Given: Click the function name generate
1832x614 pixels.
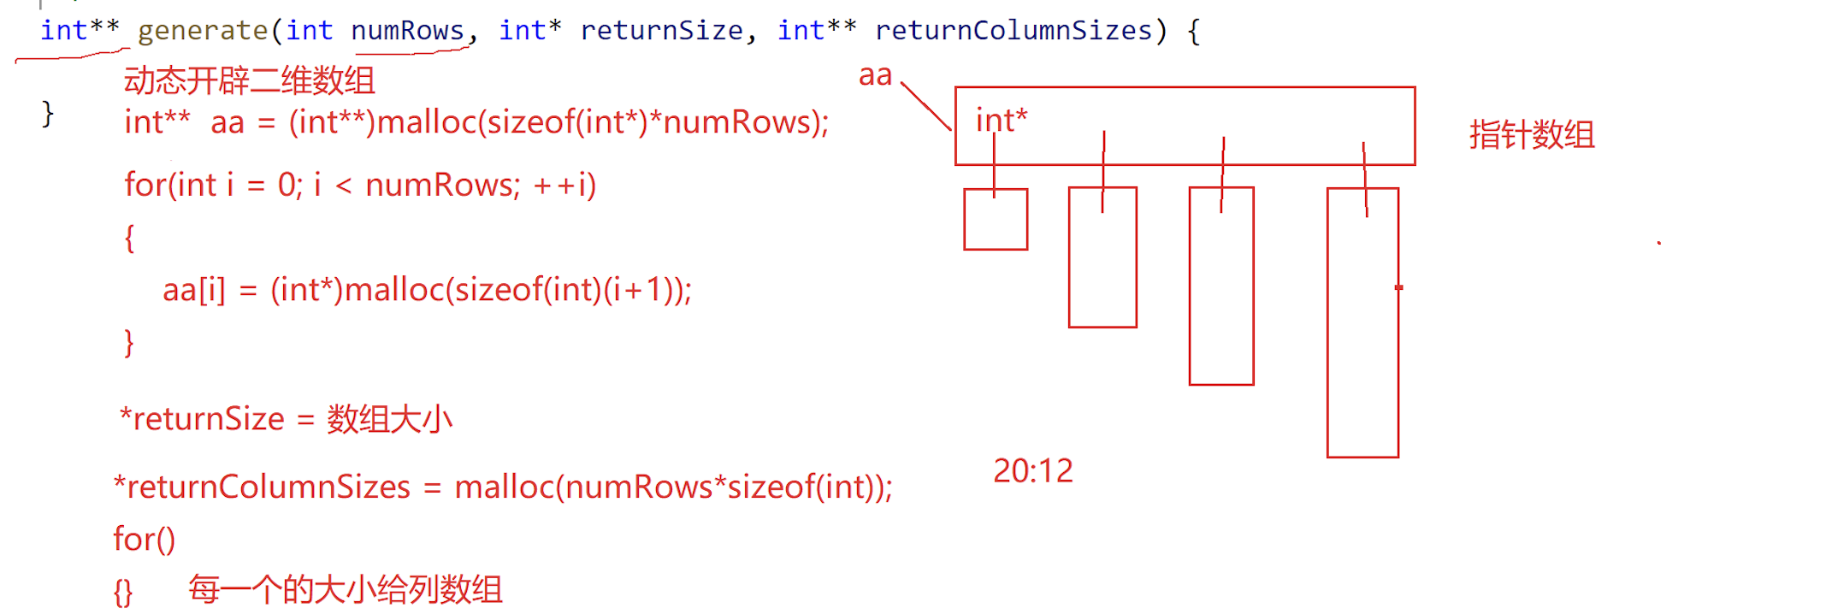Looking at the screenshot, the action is click(x=203, y=31).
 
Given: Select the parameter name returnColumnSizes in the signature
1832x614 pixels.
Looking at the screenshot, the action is click(x=1014, y=31).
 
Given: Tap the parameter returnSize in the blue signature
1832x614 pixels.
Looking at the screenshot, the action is click(x=661, y=31).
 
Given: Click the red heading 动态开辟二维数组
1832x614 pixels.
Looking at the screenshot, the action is click(x=249, y=81).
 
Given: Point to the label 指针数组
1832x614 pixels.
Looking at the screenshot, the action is click(x=1532, y=135).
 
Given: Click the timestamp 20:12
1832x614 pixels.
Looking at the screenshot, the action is click(x=1032, y=471).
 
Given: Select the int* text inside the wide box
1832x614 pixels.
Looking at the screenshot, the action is click(x=1002, y=121).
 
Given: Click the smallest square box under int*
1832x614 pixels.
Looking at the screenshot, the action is click(x=996, y=220).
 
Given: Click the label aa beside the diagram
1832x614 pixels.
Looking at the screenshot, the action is click(x=875, y=76).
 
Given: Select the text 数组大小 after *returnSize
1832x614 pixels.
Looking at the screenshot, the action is click(x=389, y=420).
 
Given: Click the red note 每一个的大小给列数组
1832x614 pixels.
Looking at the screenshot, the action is click(x=346, y=590).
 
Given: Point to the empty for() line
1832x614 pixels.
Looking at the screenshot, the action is click(x=144, y=540).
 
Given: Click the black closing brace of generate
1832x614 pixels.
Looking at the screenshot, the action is click(x=48, y=113).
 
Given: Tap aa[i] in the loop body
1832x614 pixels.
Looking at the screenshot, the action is click(x=194, y=291).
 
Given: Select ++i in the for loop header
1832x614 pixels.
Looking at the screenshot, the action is click(x=558, y=186).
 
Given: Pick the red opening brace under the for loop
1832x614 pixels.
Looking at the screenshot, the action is click(x=129, y=238).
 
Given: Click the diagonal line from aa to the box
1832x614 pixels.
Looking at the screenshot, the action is click(x=926, y=107).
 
